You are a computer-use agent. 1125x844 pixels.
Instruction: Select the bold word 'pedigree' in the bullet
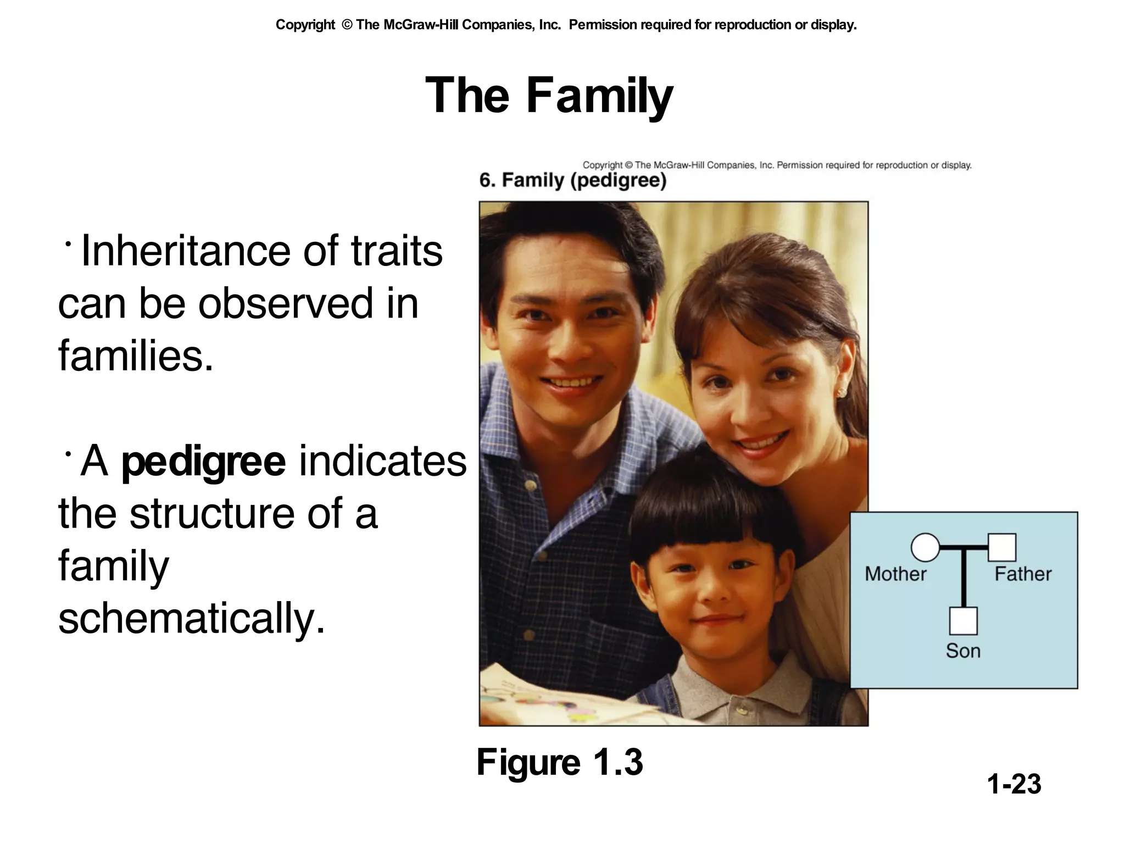click(x=203, y=462)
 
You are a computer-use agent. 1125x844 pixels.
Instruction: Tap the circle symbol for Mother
click(x=925, y=547)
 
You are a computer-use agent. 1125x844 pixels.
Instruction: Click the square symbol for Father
click(x=1001, y=547)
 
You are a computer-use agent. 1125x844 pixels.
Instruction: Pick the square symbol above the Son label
click(x=963, y=621)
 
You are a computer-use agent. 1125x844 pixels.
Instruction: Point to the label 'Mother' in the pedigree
click(x=895, y=574)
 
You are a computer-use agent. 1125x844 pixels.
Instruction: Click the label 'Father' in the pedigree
click(x=1023, y=574)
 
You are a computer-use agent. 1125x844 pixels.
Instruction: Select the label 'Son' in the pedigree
click(x=963, y=651)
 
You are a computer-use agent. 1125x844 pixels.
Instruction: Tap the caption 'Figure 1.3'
click(x=559, y=763)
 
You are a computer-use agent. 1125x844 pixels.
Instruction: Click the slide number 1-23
click(x=1013, y=784)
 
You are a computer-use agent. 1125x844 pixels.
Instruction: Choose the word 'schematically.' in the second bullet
click(x=192, y=619)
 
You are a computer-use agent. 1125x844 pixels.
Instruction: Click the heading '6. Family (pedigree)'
click(x=572, y=180)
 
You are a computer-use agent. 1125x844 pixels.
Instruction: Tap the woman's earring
click(x=841, y=392)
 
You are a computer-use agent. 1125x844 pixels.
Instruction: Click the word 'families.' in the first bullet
click(x=135, y=356)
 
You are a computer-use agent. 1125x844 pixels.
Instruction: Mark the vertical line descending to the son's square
click(x=963, y=577)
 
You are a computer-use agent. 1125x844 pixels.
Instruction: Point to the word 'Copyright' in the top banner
click(x=305, y=25)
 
